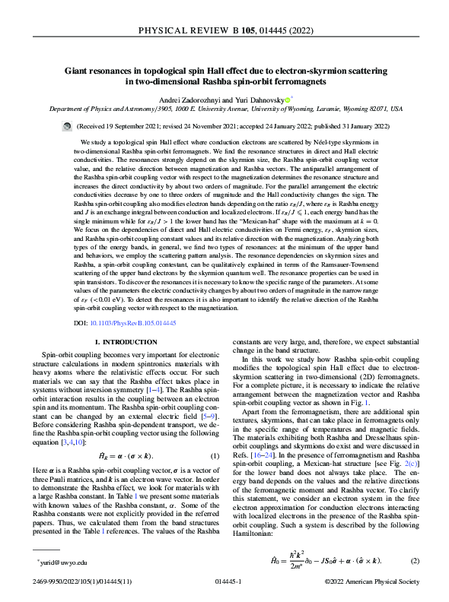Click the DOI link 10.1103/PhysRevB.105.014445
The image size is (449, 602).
(135, 323)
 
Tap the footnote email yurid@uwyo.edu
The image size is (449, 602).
(62, 563)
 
